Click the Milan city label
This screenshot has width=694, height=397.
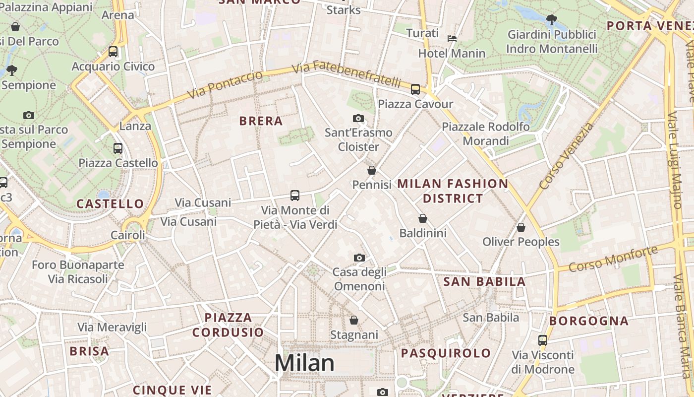(x=304, y=363)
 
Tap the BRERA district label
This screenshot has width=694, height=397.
(x=261, y=121)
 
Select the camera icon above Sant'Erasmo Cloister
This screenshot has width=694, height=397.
(x=358, y=119)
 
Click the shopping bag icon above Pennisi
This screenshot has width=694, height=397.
(x=372, y=170)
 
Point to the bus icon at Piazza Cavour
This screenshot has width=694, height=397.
(x=415, y=89)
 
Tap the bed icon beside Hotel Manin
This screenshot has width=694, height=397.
(x=452, y=38)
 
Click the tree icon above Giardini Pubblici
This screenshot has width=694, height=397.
(x=551, y=20)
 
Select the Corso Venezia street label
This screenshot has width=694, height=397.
(x=566, y=156)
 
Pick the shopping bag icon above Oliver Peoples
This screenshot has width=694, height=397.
(x=521, y=227)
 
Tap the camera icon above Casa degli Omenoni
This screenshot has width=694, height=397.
(x=359, y=258)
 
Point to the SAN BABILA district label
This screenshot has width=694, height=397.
(x=484, y=282)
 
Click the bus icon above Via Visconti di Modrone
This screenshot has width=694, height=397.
(x=543, y=340)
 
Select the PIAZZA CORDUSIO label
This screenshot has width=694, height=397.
(x=228, y=325)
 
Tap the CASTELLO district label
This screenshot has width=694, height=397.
(x=110, y=203)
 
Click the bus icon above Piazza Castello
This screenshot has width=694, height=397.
(x=118, y=148)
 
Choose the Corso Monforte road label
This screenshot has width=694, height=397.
(x=613, y=259)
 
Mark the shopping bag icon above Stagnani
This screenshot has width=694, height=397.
(x=354, y=320)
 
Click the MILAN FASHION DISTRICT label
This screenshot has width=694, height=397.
(x=453, y=191)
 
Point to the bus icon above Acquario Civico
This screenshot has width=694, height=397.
(x=113, y=52)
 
